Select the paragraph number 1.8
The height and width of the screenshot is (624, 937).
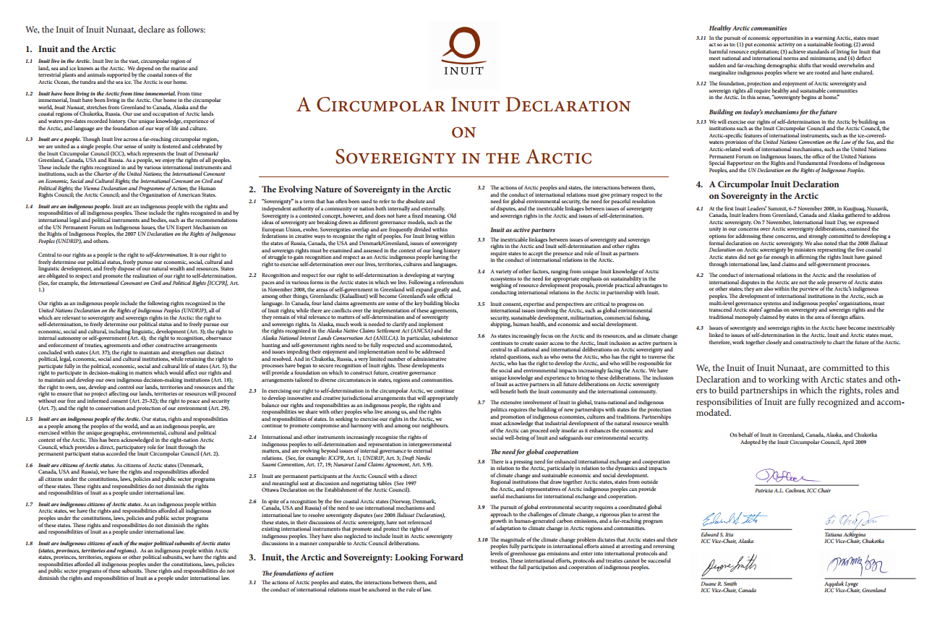point(30,541)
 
